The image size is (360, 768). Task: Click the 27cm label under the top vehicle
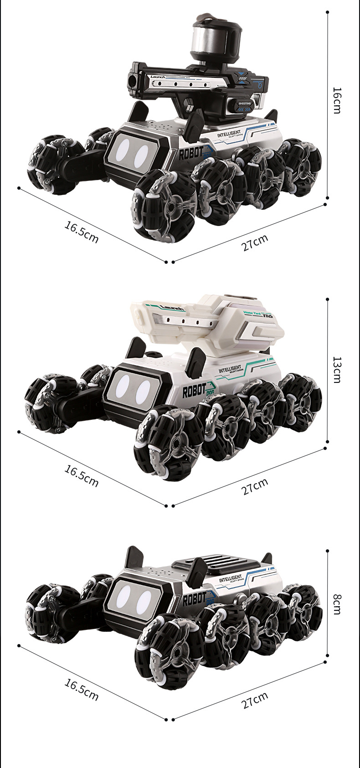[255, 242]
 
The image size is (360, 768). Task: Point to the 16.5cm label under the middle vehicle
[81, 476]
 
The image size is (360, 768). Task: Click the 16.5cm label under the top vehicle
[81, 232]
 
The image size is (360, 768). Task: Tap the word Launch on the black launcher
[161, 77]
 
